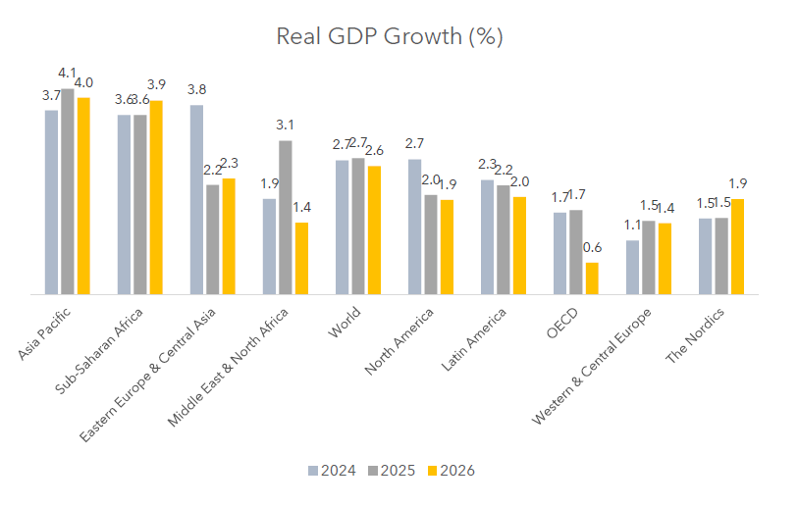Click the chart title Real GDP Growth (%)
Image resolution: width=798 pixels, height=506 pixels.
(x=390, y=37)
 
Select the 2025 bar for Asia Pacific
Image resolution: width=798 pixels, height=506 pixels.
(x=67, y=191)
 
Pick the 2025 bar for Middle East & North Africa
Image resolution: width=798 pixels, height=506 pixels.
(x=285, y=217)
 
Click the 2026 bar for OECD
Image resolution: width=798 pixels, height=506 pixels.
(x=592, y=278)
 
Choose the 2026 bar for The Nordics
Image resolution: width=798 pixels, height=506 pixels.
(x=737, y=246)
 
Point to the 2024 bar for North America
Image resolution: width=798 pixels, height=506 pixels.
(x=414, y=227)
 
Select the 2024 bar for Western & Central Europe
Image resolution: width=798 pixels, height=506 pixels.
(x=632, y=267)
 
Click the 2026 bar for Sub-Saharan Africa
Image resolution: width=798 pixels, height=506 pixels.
(x=156, y=197)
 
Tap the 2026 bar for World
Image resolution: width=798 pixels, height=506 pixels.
(x=374, y=229)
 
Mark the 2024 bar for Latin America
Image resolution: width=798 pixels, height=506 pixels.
(x=487, y=236)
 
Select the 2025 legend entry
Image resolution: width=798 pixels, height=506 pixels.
(x=393, y=471)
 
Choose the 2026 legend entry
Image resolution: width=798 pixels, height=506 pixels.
(x=452, y=471)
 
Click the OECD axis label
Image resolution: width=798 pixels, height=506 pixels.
(x=562, y=322)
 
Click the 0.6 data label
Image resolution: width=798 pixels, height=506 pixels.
(x=592, y=248)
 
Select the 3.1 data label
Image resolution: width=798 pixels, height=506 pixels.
(x=285, y=126)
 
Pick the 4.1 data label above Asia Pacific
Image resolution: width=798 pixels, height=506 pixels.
(x=68, y=74)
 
